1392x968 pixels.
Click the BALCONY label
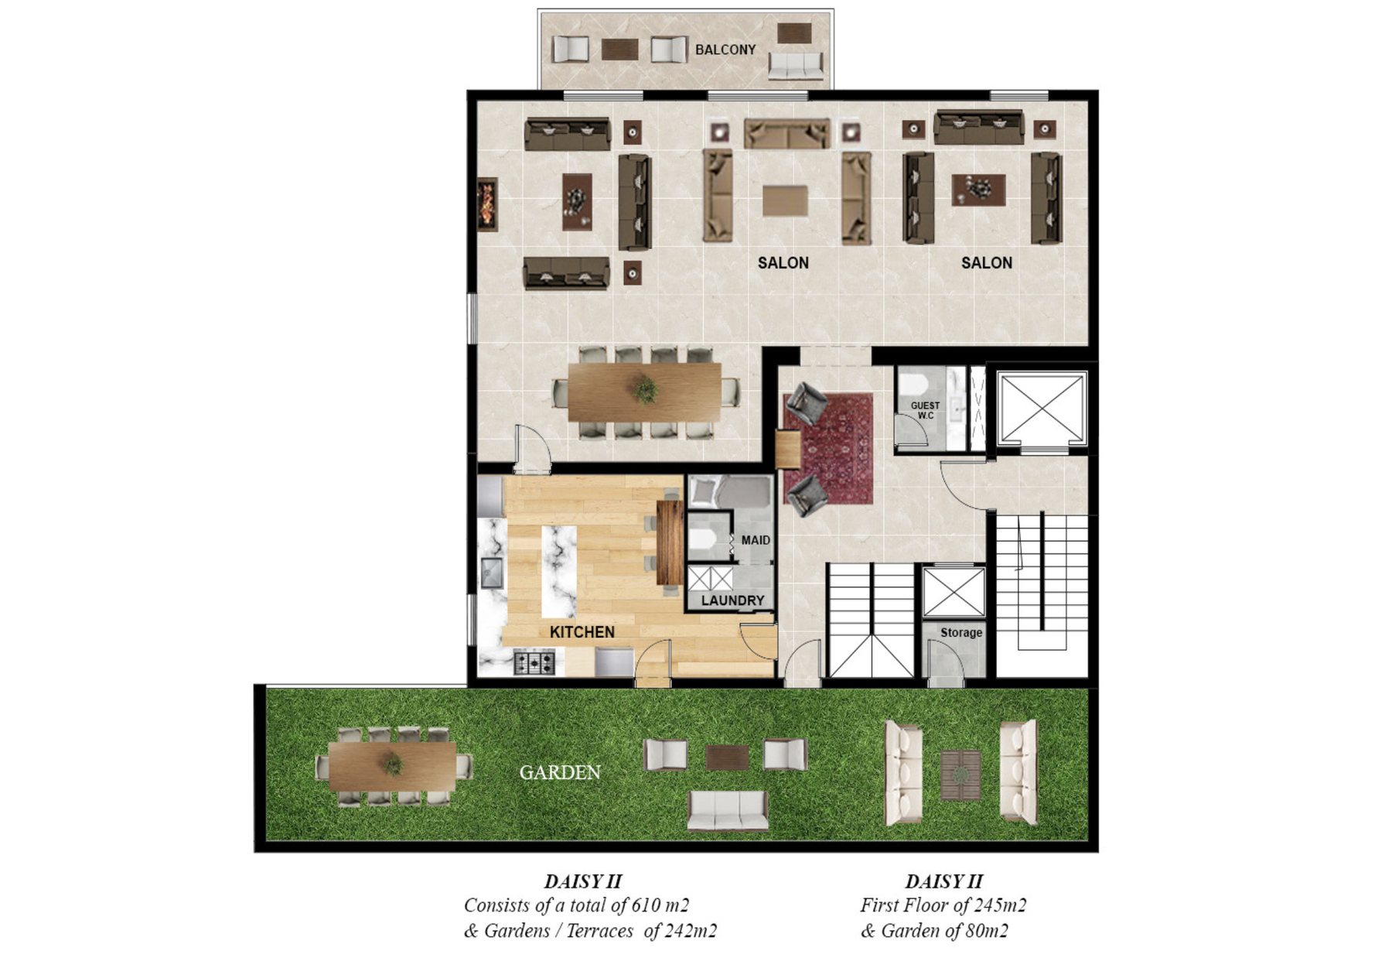click(x=725, y=50)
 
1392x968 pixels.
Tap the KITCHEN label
click(x=582, y=632)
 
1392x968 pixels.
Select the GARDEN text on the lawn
click(x=560, y=772)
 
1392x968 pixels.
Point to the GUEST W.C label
click(x=925, y=410)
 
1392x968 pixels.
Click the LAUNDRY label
click(x=732, y=600)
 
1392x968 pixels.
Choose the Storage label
click(x=961, y=632)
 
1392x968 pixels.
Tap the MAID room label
click(x=756, y=540)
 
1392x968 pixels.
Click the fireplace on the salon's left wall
click(x=486, y=204)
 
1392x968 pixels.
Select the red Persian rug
click(x=828, y=448)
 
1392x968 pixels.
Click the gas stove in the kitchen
click(x=534, y=662)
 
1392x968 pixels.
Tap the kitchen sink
click(x=491, y=573)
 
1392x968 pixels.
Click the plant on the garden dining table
click(x=393, y=764)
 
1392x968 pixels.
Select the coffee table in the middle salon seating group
click(x=785, y=200)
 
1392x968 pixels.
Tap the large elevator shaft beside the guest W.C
click(x=1041, y=409)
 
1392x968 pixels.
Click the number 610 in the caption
click(x=646, y=905)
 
